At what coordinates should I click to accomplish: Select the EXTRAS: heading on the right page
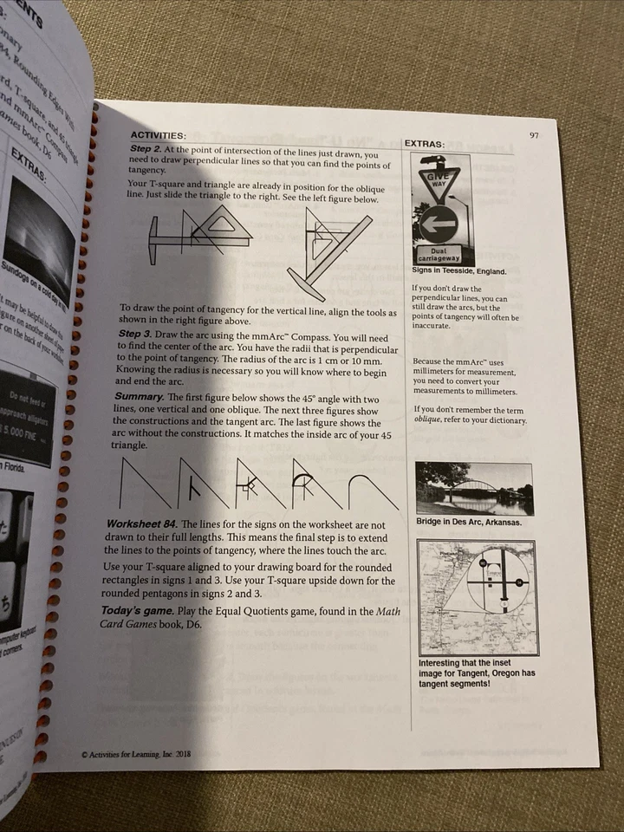425,143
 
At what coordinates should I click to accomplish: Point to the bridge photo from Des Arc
474,488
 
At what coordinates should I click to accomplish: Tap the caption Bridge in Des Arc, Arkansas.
468,523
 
